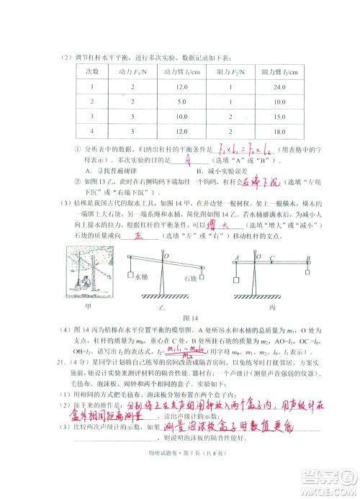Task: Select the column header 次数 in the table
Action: click(92, 73)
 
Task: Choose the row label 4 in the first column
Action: click(92, 130)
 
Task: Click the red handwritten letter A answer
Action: click(188, 160)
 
